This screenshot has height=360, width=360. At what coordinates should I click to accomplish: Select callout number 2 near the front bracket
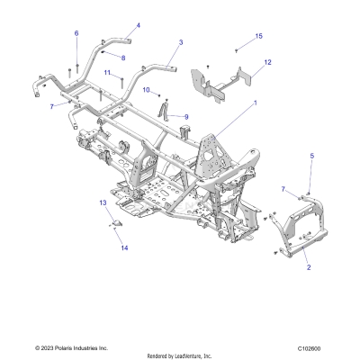[308, 268]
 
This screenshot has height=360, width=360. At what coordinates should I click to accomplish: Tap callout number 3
[181, 42]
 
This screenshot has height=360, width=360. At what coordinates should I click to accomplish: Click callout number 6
[76, 33]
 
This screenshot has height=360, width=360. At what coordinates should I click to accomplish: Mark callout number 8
[124, 58]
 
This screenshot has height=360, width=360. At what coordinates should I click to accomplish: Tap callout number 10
[147, 90]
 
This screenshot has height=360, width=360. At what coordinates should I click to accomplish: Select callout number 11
[106, 72]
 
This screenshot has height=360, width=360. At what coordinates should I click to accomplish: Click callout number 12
[267, 62]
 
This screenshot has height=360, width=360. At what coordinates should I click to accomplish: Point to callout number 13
[128, 203]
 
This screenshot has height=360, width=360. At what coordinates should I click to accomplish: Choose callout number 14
[125, 247]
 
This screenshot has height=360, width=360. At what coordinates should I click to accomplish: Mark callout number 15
[259, 36]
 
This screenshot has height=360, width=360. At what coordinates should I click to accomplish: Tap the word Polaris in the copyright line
[62, 347]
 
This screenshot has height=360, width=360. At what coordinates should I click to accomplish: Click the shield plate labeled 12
[220, 84]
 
